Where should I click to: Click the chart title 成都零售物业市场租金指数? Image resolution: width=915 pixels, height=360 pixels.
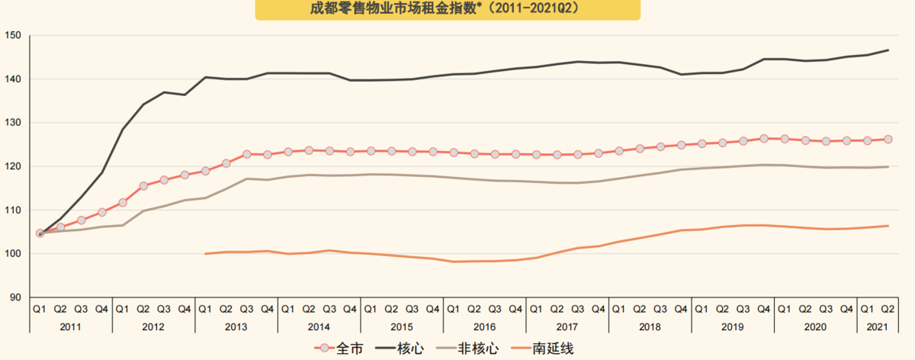click(447, 8)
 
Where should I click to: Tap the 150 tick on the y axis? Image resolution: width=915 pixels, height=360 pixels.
click(14, 36)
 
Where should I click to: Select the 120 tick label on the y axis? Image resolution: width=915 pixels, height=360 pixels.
click(14, 166)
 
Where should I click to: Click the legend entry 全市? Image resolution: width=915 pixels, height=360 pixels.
click(342, 349)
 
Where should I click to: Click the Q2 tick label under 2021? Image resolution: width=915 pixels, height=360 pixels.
click(888, 309)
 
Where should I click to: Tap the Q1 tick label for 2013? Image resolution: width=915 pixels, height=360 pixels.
click(205, 309)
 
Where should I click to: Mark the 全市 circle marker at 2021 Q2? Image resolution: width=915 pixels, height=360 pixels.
click(888, 140)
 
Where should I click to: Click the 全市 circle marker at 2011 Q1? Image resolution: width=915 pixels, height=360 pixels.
click(40, 233)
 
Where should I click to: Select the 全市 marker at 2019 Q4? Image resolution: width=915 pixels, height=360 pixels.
click(763, 139)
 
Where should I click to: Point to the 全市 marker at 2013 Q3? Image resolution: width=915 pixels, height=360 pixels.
click(246, 154)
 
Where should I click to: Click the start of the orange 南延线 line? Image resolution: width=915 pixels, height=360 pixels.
click(205, 253)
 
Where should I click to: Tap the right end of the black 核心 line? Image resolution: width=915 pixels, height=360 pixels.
click(888, 50)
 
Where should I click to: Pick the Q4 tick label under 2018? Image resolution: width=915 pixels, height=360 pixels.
click(681, 309)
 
